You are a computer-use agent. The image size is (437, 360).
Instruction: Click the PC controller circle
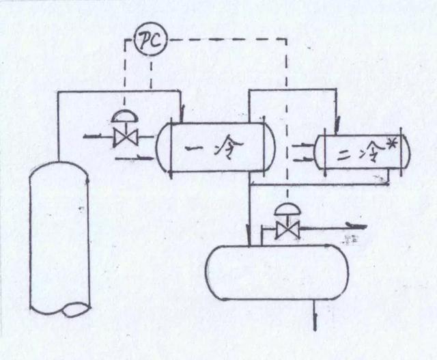click(x=146, y=42)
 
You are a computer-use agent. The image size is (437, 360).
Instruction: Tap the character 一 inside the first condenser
click(x=191, y=148)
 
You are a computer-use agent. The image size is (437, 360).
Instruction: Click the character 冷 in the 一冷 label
click(x=227, y=146)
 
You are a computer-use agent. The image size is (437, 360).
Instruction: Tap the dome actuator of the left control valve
click(x=124, y=117)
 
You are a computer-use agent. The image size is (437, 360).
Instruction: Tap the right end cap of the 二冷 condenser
click(x=406, y=152)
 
